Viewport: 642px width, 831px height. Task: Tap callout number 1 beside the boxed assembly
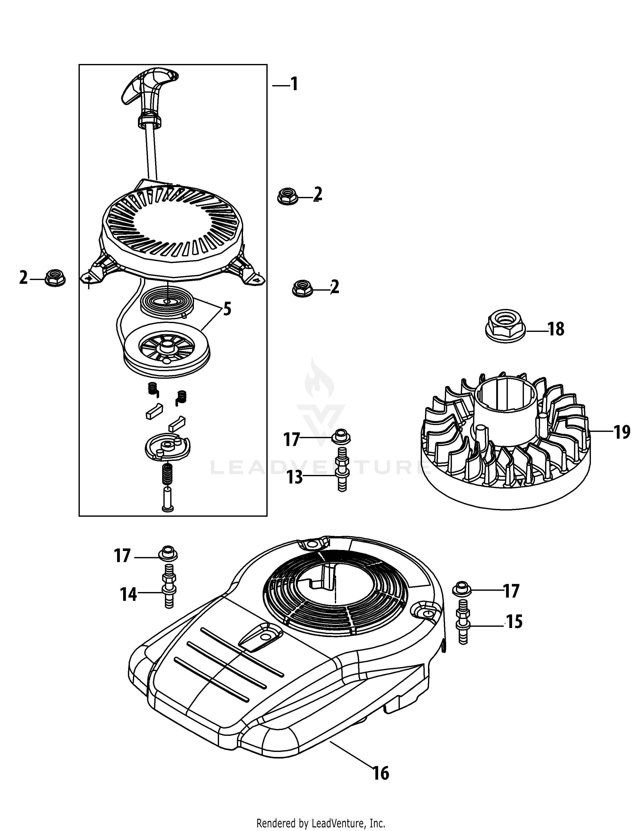[294, 84]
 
